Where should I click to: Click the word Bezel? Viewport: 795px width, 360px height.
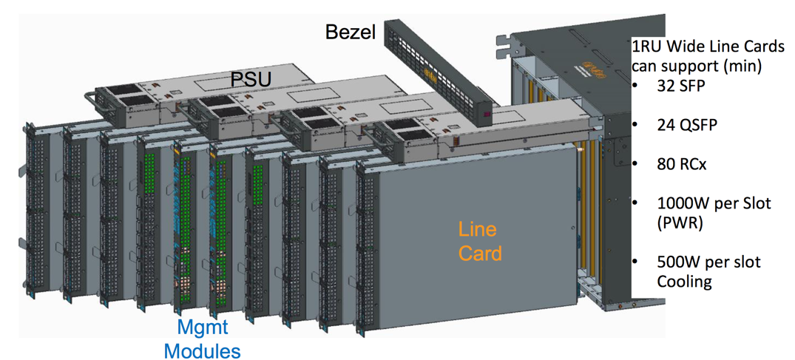351,32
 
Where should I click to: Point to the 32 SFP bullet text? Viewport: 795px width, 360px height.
681,85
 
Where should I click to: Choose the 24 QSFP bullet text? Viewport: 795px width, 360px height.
686,124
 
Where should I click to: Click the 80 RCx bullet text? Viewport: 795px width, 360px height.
681,163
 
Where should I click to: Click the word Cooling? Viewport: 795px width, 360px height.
685,281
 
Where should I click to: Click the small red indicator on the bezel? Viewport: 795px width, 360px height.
486,115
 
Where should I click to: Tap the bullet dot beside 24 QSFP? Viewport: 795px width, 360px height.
635,124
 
